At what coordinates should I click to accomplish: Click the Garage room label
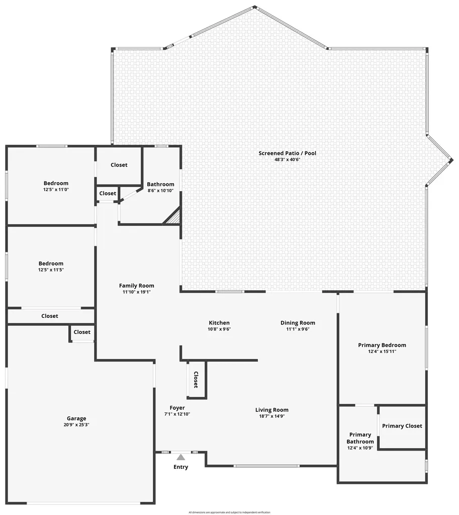point(76,418)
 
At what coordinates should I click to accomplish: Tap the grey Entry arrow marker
point(180,457)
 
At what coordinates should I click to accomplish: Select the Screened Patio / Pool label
point(288,153)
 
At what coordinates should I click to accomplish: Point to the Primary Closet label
point(402,426)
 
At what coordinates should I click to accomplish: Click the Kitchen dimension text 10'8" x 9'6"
point(219,329)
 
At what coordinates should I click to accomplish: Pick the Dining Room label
point(298,323)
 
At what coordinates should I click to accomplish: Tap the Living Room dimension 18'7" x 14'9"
point(272,416)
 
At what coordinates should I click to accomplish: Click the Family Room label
point(137,286)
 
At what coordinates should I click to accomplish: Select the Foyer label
point(177,408)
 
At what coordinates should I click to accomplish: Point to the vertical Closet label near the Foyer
point(196,380)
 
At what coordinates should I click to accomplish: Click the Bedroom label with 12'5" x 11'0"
point(56,184)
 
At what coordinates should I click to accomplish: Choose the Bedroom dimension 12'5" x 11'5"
point(51,270)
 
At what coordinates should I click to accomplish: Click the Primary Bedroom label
point(382,346)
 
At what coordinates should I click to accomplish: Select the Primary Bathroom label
point(360,438)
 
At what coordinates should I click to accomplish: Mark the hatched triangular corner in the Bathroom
point(174,217)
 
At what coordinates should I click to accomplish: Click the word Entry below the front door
point(181,467)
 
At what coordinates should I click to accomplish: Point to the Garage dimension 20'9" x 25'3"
point(76,425)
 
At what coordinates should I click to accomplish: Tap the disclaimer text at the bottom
point(229,512)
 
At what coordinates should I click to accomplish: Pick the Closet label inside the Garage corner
point(82,332)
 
